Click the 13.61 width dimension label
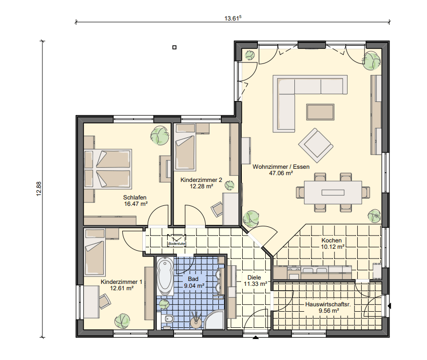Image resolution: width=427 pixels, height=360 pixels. tap(233, 18)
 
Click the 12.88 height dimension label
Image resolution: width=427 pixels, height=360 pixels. tap(39, 189)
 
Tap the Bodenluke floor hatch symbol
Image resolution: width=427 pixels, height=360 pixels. tap(176, 240)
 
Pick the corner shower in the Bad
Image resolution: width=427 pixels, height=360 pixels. tap(215, 320)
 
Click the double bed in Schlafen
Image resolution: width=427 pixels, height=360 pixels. tap(108, 169)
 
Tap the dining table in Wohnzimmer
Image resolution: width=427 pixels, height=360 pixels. tap(333, 192)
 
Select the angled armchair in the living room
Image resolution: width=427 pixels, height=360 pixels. tap(316, 145)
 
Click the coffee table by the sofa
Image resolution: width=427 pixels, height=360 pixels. tap(320, 112)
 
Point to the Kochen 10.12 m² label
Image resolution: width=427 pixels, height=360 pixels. tap(332, 243)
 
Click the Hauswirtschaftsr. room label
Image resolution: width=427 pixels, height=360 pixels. tap(328, 304)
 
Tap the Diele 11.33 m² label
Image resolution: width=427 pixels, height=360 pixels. tap(255, 280)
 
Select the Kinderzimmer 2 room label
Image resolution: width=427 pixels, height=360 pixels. tap(201, 180)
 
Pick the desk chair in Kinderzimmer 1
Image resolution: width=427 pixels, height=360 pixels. tap(105, 301)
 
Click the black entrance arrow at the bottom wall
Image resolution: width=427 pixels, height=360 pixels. tap(255, 338)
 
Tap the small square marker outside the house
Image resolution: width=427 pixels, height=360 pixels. tap(175, 47)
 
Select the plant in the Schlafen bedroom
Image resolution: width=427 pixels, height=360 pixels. tap(159, 136)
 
